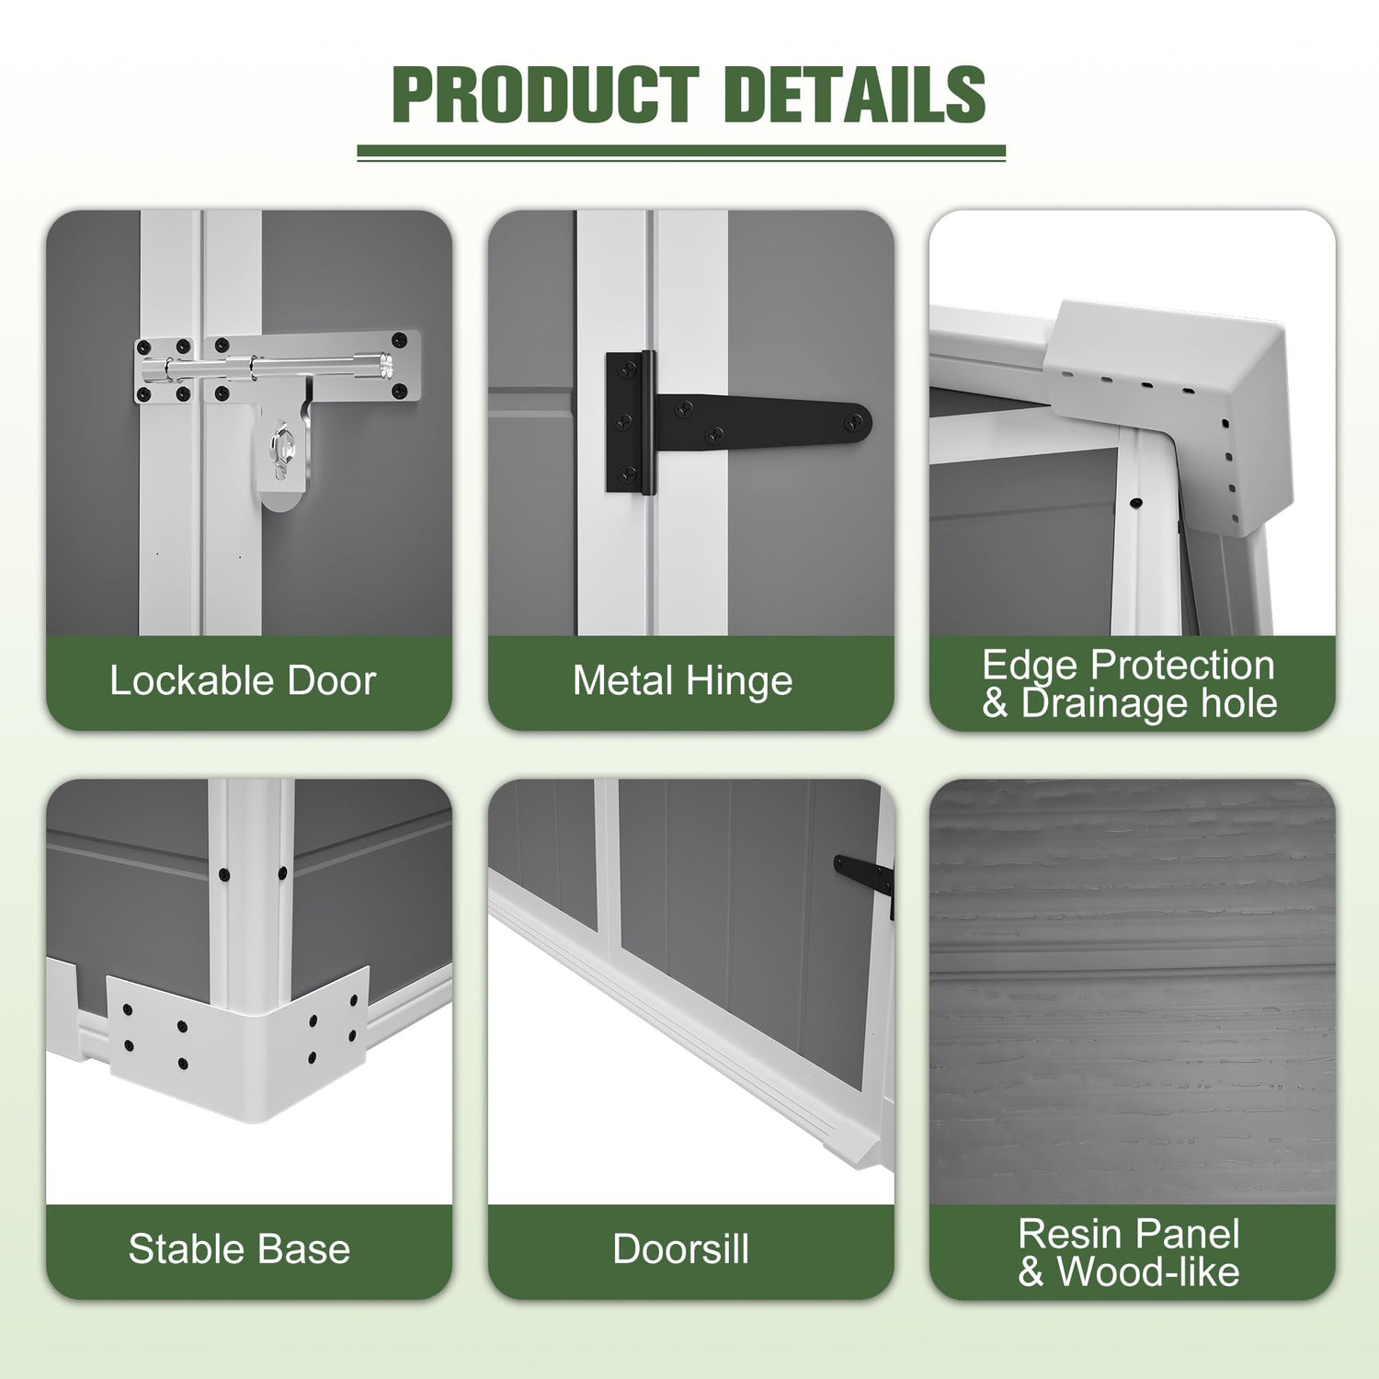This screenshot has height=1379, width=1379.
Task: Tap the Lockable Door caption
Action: pos(243,681)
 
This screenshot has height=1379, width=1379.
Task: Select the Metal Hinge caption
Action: pos(682,681)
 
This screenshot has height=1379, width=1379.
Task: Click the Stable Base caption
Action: pos(239,1249)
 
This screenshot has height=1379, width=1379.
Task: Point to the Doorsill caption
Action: pos(681,1249)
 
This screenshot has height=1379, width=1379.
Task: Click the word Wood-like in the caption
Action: pos(1148,1272)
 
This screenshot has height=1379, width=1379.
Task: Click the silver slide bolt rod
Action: pos(276,367)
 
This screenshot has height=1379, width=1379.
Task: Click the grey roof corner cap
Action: pos(1168,405)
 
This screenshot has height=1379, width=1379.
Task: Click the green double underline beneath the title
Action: pos(681,153)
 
